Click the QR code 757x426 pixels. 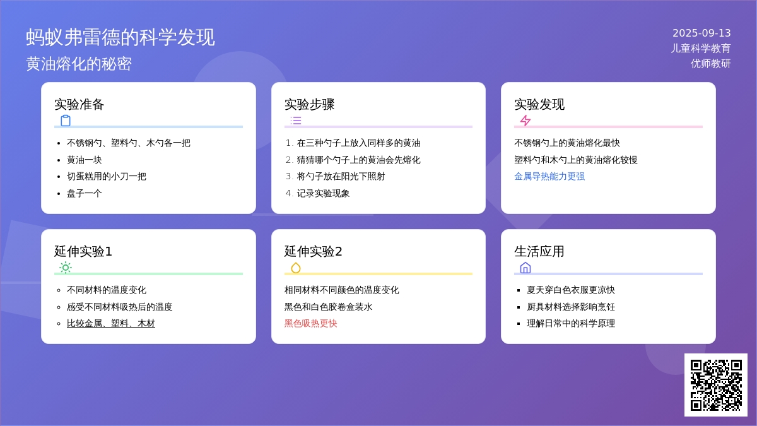[716, 385]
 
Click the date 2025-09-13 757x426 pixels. [701, 33]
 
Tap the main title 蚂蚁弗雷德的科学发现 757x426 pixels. [120, 37]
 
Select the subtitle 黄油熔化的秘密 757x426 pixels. [79, 64]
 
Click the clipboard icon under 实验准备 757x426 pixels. [66, 121]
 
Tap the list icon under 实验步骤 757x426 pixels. [296, 121]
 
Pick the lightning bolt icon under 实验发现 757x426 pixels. [525, 121]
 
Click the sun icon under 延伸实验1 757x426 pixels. [66, 268]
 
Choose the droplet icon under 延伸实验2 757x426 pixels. [296, 268]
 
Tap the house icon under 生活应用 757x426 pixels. [525, 268]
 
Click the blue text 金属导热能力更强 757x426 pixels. [549, 177]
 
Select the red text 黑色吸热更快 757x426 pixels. [310, 324]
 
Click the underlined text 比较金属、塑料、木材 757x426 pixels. [111, 324]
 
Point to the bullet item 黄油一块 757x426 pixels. [84, 160]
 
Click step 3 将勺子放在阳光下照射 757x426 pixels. [341, 177]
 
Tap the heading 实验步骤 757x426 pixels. [309, 105]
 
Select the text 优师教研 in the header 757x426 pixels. [710, 64]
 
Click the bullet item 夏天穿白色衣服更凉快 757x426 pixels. [571, 290]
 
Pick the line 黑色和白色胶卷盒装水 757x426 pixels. [328, 307]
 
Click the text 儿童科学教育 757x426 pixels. [701, 49]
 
